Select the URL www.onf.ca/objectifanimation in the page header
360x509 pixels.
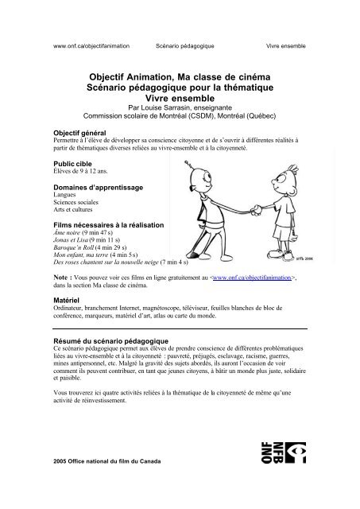tap(91, 46)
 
